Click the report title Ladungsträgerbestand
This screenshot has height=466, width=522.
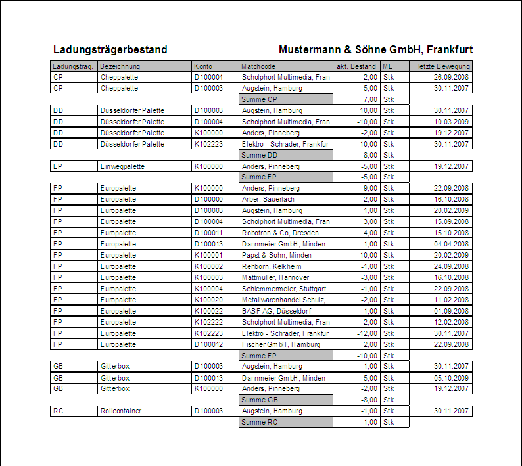(x=110, y=50)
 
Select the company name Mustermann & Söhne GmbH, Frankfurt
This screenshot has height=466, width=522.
(x=375, y=50)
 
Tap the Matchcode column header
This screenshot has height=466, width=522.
(x=258, y=66)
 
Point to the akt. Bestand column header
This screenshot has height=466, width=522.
(x=356, y=66)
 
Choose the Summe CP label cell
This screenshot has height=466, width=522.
(x=286, y=99)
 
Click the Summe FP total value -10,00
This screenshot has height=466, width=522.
(x=368, y=356)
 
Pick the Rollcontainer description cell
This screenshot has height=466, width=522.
(x=121, y=411)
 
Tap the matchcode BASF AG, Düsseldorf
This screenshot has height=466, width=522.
(x=277, y=311)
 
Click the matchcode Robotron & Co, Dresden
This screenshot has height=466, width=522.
(x=280, y=233)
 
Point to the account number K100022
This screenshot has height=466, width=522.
(x=208, y=311)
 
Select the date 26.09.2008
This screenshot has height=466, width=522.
(x=451, y=77)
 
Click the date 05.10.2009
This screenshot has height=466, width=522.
(x=451, y=378)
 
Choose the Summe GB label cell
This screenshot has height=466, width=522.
(x=286, y=400)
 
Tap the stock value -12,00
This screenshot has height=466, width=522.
(x=367, y=333)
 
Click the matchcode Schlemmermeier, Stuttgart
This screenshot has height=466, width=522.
(x=284, y=289)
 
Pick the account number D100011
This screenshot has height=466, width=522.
(x=208, y=233)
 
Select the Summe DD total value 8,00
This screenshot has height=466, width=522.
(x=369, y=155)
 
